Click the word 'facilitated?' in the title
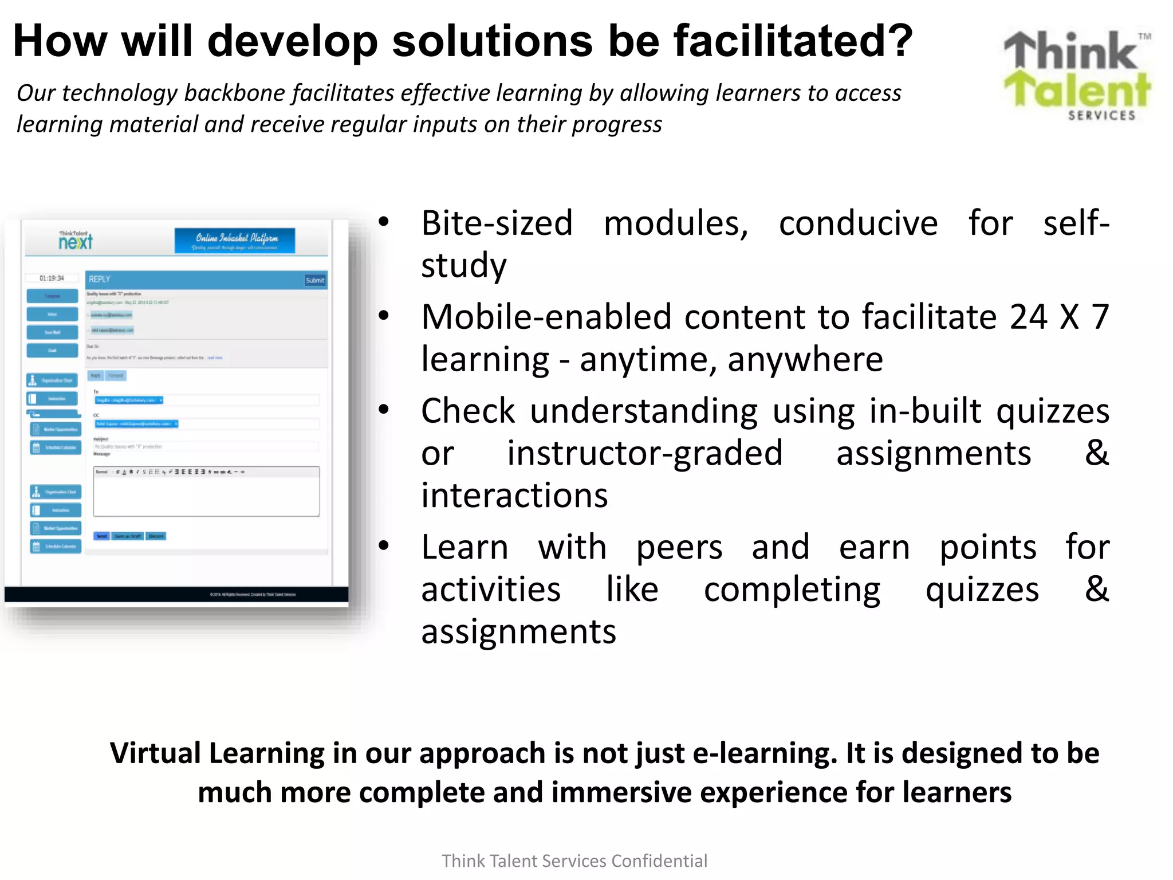point(793,41)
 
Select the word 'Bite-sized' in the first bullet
point(497,223)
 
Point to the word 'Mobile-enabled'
point(546,317)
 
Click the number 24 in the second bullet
point(1028,317)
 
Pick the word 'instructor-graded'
point(644,453)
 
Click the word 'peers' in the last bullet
point(679,547)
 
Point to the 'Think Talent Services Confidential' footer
point(574,861)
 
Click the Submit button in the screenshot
point(315,280)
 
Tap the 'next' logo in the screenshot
point(75,242)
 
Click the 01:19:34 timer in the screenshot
point(52,278)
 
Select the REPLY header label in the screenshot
point(99,279)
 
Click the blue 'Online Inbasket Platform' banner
point(235,241)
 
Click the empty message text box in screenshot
point(206,496)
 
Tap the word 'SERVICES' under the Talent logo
point(1101,116)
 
